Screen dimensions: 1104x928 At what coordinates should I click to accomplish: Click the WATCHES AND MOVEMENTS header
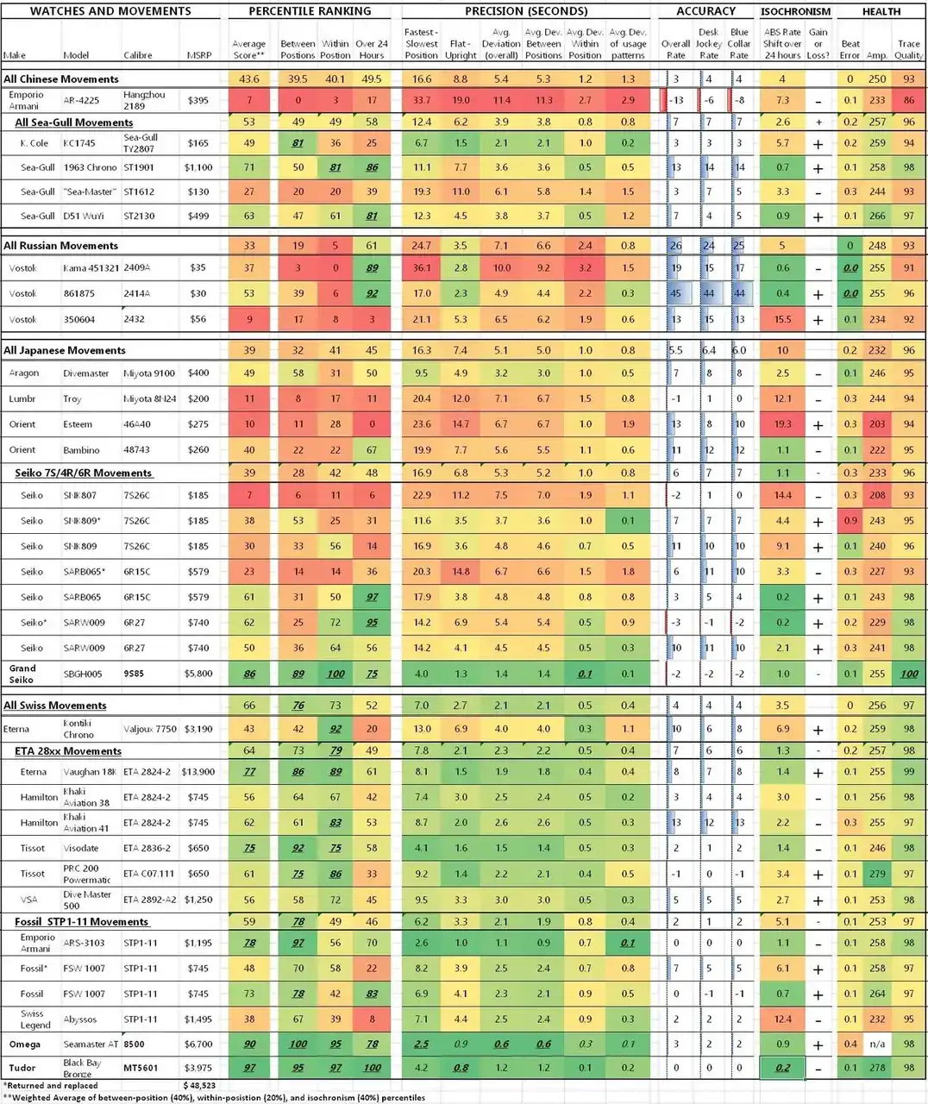[110, 11]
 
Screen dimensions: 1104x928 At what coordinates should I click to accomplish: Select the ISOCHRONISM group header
[795, 12]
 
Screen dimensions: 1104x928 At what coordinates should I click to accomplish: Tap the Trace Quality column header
[908, 49]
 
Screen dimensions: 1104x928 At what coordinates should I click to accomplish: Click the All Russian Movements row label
[60, 246]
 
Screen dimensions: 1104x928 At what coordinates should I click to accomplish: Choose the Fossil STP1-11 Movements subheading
[82, 922]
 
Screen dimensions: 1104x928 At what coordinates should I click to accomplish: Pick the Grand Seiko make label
[22, 674]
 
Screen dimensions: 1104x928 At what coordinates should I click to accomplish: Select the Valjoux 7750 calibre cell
[149, 729]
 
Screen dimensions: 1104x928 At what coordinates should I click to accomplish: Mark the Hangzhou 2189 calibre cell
[144, 100]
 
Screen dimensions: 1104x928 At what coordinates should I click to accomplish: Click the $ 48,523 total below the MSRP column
[199, 1085]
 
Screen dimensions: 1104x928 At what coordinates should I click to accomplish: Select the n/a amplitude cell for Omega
[878, 1044]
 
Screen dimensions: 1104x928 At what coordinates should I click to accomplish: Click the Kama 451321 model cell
[91, 268]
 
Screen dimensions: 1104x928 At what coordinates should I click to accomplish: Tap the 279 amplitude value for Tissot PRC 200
[878, 874]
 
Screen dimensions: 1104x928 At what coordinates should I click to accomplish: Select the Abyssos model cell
[80, 1019]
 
